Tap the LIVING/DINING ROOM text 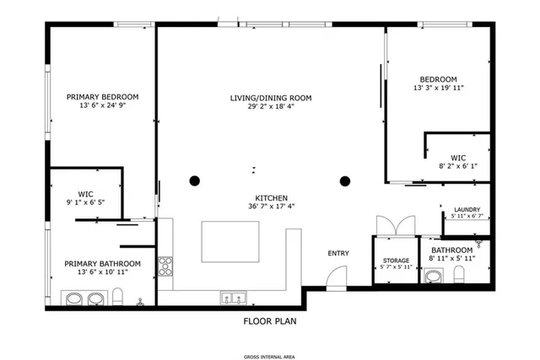click(271, 99)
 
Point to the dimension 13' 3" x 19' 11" click(438, 88)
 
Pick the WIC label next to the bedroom click(458, 157)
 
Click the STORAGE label click(396, 261)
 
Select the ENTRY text click(338, 253)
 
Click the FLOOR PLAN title click(270, 320)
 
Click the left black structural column click(195, 180)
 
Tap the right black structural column click(344, 180)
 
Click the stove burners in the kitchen click(165, 266)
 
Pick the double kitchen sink click(232, 297)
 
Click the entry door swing click(337, 276)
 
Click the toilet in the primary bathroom click(119, 296)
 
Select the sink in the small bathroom click(433, 276)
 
